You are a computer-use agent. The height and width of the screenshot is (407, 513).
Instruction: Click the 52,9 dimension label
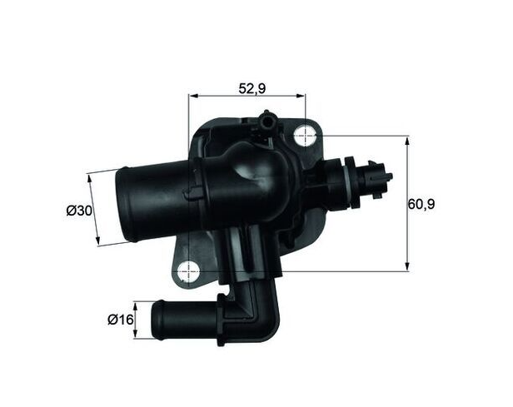(247, 86)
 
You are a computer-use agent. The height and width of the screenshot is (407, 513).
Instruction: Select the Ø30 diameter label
(78, 211)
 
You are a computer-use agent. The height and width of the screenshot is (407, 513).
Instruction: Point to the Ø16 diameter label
(121, 318)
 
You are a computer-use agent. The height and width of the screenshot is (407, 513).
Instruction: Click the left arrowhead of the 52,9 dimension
(194, 97)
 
